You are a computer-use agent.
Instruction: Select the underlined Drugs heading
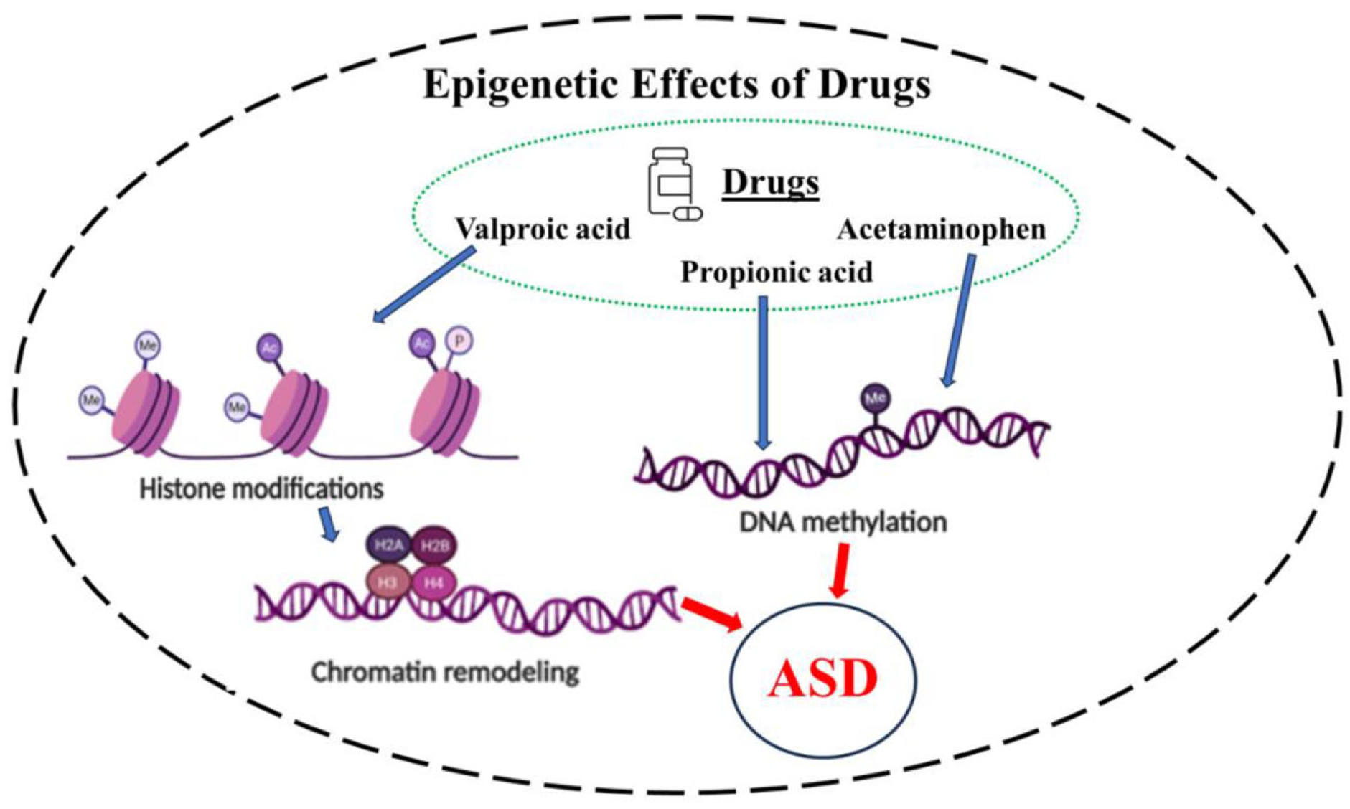(770, 181)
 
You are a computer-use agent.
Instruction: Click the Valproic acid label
(543, 230)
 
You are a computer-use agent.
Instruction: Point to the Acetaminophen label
(941, 230)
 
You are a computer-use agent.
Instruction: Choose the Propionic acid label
(776, 273)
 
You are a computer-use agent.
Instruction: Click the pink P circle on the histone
(459, 340)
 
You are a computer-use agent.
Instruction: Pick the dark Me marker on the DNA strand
(875, 398)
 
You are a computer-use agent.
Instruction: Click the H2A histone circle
(388, 546)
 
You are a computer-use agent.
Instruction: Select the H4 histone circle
(433, 582)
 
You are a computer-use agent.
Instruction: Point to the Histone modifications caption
(261, 489)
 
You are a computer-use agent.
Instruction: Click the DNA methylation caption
(843, 522)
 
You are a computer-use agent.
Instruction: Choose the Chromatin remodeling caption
(445, 673)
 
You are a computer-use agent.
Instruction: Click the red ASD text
(822, 678)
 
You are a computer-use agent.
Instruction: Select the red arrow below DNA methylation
(840, 570)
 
